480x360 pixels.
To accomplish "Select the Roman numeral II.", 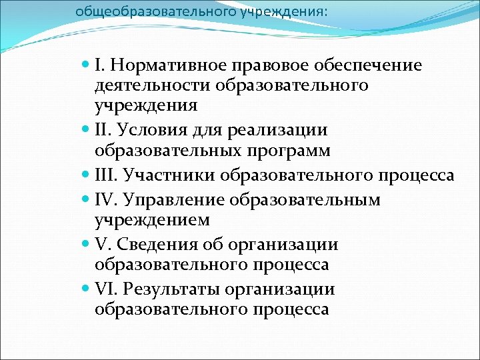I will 103,130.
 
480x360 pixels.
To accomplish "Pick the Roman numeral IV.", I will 105,199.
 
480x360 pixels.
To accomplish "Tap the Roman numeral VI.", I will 105,289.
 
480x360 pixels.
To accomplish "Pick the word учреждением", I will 153,220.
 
